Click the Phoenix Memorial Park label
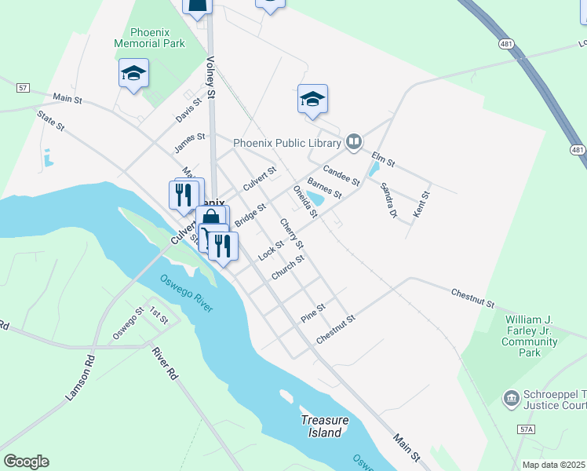point(149,37)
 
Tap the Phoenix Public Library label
point(287,143)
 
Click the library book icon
point(354,141)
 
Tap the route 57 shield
point(22,88)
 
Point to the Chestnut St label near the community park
point(472,298)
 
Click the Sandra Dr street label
point(389,200)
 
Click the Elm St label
point(383,159)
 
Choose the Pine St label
point(313,313)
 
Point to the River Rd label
point(165,364)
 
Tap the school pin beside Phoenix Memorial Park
point(134,74)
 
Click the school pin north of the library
point(312,99)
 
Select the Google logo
point(26,462)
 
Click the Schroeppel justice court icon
point(511,400)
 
